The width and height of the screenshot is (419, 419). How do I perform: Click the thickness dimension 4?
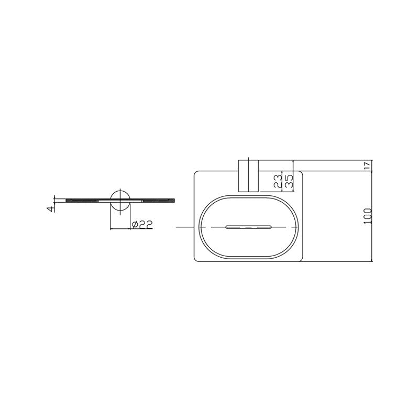[51, 208]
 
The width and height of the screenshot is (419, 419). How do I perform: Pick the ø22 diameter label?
[140, 224]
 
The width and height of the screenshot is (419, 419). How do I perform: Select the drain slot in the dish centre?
[249, 227]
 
